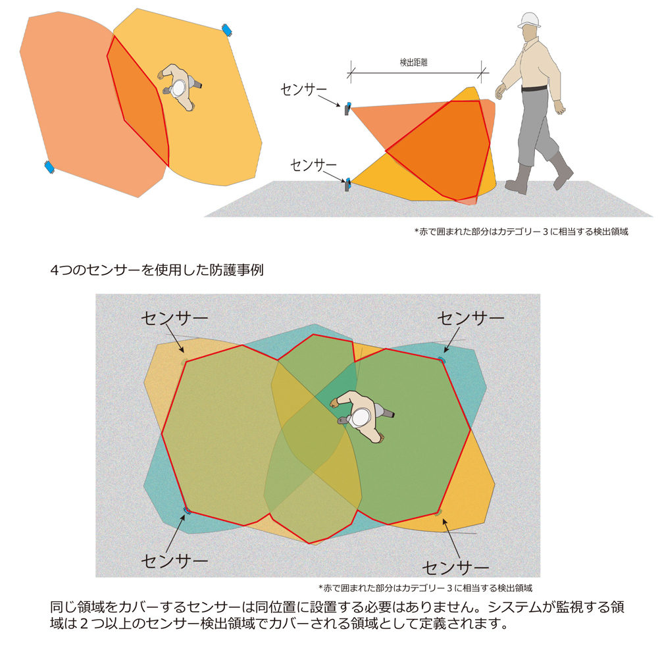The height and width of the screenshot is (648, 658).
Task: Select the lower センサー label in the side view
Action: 313,164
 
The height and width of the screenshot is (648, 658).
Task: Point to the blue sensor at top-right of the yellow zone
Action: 228,30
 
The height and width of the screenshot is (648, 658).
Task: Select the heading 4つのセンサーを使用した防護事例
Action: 157,270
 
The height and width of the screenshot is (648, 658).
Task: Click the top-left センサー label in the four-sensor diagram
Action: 174,318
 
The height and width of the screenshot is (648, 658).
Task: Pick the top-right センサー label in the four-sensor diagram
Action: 471,318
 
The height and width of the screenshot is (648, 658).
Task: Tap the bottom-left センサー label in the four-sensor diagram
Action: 174,561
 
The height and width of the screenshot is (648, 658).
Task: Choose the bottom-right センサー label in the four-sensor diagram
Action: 455,567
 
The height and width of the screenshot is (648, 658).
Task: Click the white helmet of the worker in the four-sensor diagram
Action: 361,416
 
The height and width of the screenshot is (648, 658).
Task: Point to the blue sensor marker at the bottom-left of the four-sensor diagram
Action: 187,510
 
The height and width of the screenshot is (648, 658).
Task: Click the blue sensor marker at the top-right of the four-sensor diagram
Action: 442,359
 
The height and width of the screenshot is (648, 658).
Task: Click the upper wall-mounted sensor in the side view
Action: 347,108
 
